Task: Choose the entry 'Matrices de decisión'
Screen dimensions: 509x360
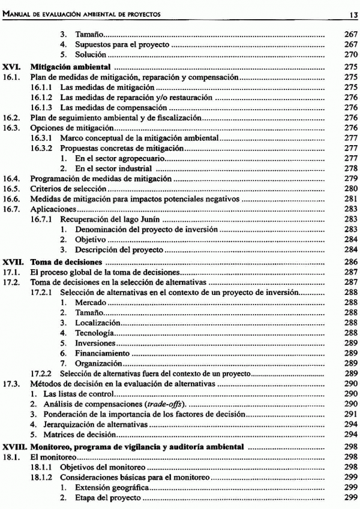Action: click(77, 434)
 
